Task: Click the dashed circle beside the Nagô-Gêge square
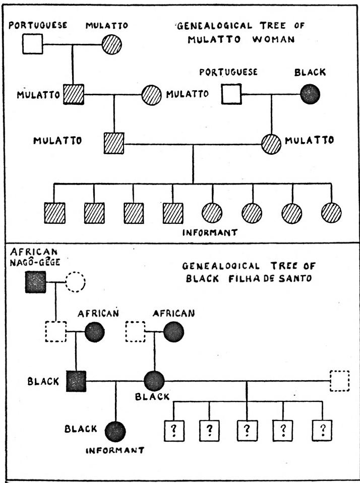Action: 74,283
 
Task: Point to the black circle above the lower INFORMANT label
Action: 115,432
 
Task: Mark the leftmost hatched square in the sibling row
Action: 54,212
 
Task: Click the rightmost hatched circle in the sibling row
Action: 331,212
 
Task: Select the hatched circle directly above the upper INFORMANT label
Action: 212,212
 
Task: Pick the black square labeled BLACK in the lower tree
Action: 76,381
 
